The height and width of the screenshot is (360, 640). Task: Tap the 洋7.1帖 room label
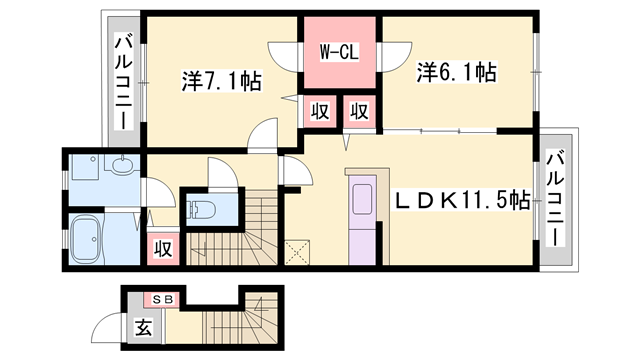[221, 79]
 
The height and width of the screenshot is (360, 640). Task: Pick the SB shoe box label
[162, 298]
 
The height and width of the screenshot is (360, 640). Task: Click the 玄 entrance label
[143, 325]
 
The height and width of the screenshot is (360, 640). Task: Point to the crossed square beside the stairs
[296, 251]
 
